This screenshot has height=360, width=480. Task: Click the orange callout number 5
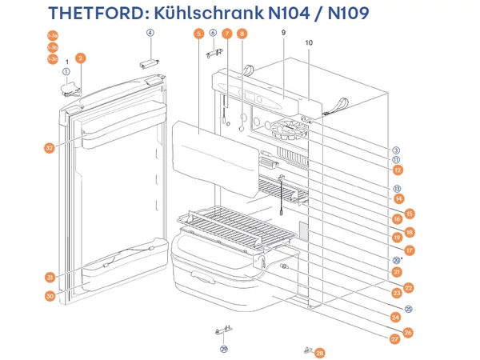(x=198, y=34)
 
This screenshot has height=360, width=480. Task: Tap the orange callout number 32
(x=50, y=147)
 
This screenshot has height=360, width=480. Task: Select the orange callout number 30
(x=50, y=295)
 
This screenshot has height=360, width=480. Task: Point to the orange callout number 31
(x=50, y=277)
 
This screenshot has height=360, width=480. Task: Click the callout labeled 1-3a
(x=52, y=36)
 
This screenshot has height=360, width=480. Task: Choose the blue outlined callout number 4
(x=150, y=33)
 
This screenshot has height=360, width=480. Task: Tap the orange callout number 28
(x=320, y=353)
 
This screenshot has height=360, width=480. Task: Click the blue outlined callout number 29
(x=224, y=349)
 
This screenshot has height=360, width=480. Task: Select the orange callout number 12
(x=398, y=170)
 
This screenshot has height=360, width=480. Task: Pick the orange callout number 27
(x=395, y=339)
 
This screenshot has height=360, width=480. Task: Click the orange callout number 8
(x=242, y=34)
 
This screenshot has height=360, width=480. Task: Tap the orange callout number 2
(x=81, y=58)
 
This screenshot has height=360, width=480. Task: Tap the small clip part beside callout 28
(x=307, y=350)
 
